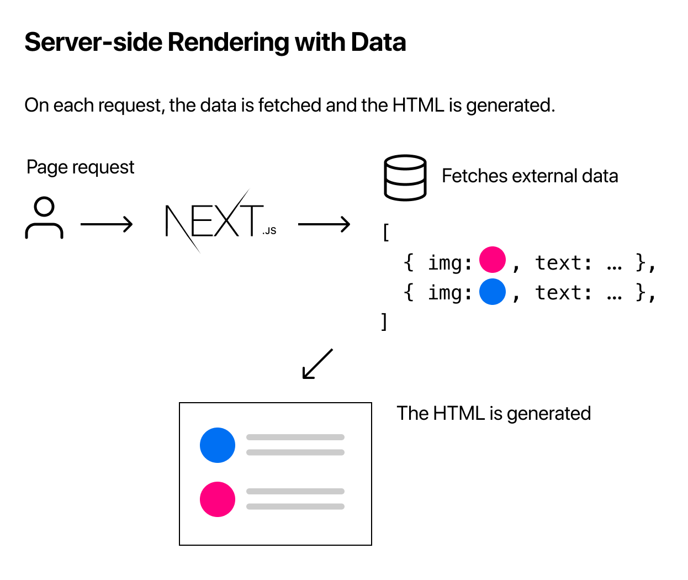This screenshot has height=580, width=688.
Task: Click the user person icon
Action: point(44,218)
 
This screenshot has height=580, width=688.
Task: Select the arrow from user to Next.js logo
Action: point(107,224)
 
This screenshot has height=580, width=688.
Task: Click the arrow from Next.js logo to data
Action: point(324,224)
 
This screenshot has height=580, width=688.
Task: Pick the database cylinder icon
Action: point(405,177)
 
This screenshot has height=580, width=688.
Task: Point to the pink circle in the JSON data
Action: point(492,260)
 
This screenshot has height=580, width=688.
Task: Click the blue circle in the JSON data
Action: point(492,292)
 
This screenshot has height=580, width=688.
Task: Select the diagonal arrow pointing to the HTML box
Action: point(317,363)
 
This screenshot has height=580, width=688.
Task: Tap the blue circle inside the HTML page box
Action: point(218,445)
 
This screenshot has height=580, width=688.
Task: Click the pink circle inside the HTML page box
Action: point(218,499)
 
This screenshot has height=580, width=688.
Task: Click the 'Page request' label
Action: point(81,167)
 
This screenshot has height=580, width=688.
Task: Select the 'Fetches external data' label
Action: point(530,176)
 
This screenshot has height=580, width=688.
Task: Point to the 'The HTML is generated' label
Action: point(494,413)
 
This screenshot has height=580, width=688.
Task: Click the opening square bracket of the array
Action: point(385,233)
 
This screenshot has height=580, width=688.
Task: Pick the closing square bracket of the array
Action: point(384,321)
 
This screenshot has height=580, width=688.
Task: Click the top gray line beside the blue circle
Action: point(295,437)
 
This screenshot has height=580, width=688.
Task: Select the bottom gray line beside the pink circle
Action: point(295,507)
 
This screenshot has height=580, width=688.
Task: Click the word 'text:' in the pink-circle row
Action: point(564,263)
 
